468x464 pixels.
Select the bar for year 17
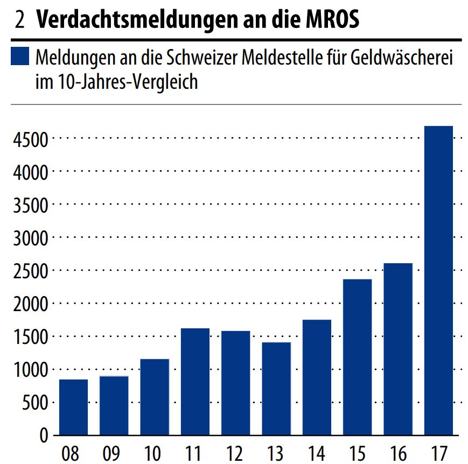coord(438,280)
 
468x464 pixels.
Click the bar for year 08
coord(73,407)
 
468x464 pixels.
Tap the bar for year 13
coord(276,388)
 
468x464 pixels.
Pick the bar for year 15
coord(358,356)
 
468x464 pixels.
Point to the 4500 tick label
coord(30,139)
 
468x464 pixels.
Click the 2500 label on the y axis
coord(30,271)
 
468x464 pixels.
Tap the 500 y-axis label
coord(35,403)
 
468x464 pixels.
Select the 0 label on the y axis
coord(44,435)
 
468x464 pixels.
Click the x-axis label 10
coord(154,454)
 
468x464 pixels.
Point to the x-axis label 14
coord(317,454)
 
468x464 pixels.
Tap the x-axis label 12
coord(235,454)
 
